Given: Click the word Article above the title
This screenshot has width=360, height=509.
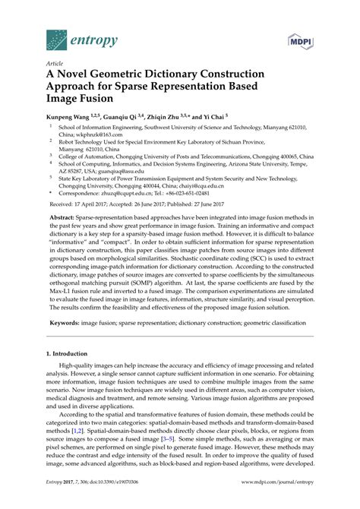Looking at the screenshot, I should [x=55, y=64].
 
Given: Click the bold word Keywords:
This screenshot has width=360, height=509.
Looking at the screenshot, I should [x=67, y=322].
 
